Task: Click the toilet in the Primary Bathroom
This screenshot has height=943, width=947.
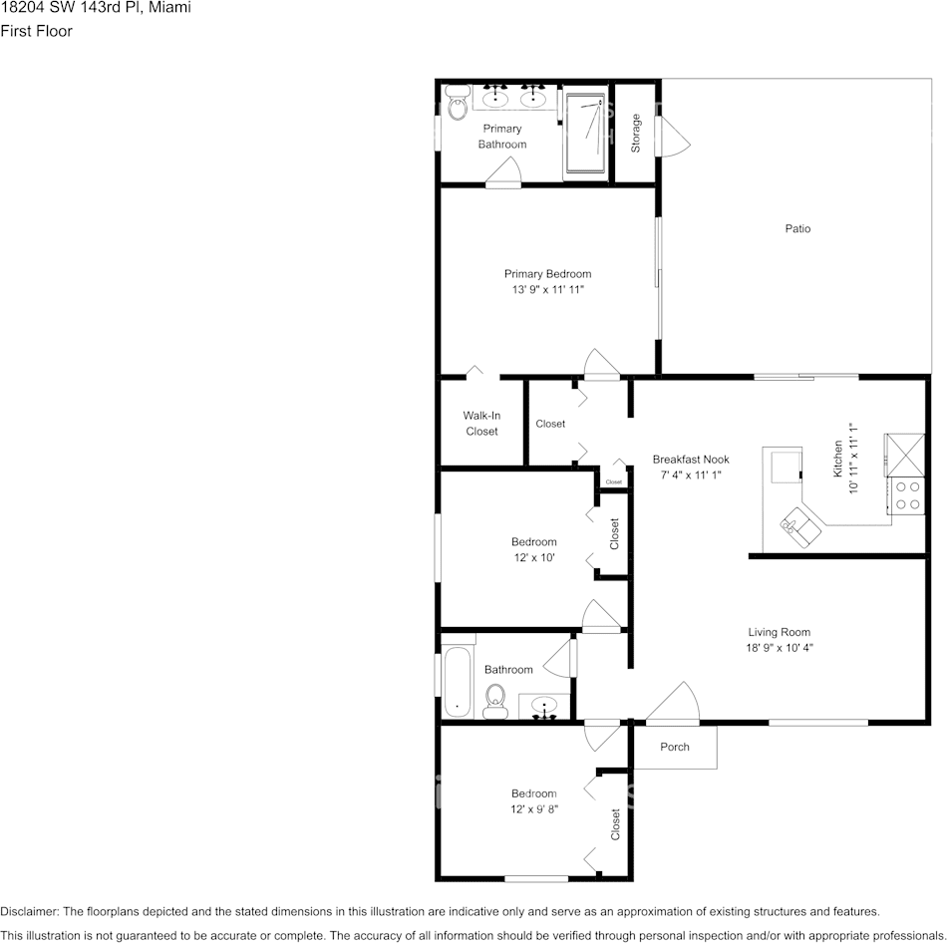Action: tap(458, 104)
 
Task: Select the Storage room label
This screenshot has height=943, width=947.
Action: tap(636, 134)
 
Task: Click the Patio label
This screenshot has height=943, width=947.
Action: tap(797, 228)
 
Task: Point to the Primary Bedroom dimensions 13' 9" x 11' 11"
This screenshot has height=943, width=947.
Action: tap(547, 290)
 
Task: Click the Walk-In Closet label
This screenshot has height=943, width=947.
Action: tap(481, 424)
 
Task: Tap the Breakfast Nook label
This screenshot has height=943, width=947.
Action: tap(691, 460)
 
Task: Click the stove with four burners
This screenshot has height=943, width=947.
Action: tap(906, 495)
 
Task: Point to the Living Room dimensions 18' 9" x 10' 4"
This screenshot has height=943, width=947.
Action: tap(780, 648)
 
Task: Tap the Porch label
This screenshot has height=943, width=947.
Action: tap(675, 747)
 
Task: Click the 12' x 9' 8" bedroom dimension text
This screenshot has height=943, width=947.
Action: tap(534, 809)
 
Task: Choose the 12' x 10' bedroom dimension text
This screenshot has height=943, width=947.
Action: tap(533, 558)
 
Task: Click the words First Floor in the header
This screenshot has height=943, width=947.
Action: tap(36, 31)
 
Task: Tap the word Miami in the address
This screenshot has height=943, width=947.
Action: tap(170, 8)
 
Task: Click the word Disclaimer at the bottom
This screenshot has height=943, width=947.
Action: tap(29, 911)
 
